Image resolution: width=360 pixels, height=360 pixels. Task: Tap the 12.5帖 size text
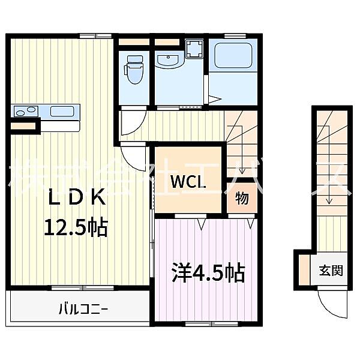75,226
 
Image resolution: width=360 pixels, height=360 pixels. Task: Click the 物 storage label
242,199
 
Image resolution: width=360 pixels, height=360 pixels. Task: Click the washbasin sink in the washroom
168,60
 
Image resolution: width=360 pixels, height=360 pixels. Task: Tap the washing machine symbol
194,48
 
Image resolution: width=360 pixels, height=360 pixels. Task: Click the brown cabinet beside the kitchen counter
24,127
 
